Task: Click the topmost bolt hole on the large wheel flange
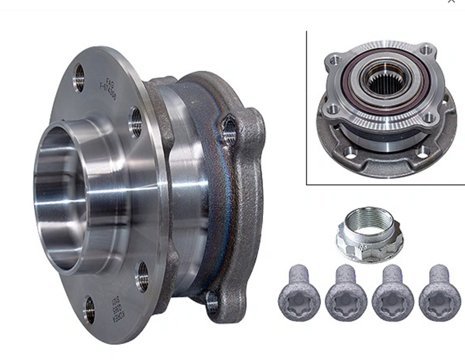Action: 79,78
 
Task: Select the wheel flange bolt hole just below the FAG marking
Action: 135,122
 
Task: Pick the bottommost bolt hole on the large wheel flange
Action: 89,310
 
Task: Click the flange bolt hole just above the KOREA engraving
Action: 143,276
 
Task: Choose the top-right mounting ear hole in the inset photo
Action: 426,49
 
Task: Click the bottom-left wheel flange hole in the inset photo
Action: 350,153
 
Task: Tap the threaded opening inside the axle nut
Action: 369,222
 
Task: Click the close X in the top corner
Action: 451,1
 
